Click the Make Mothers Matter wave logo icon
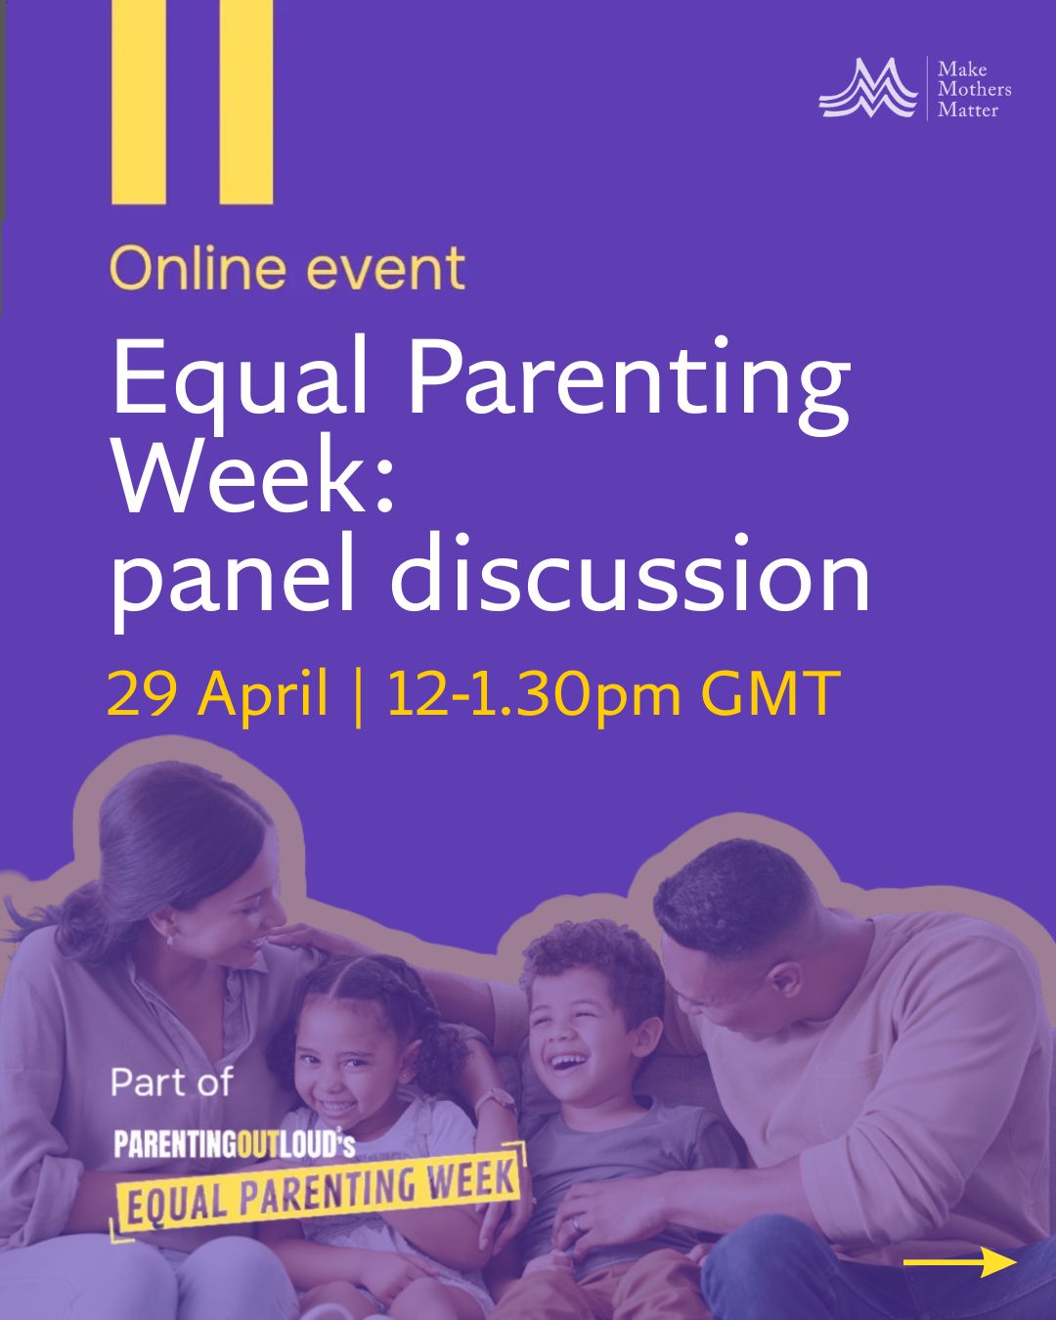coord(867,89)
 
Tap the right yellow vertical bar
coord(245,102)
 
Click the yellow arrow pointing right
coord(959,1262)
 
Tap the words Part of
coord(172,1082)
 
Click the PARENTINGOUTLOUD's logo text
coord(234,1144)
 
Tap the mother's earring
coord(169,941)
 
